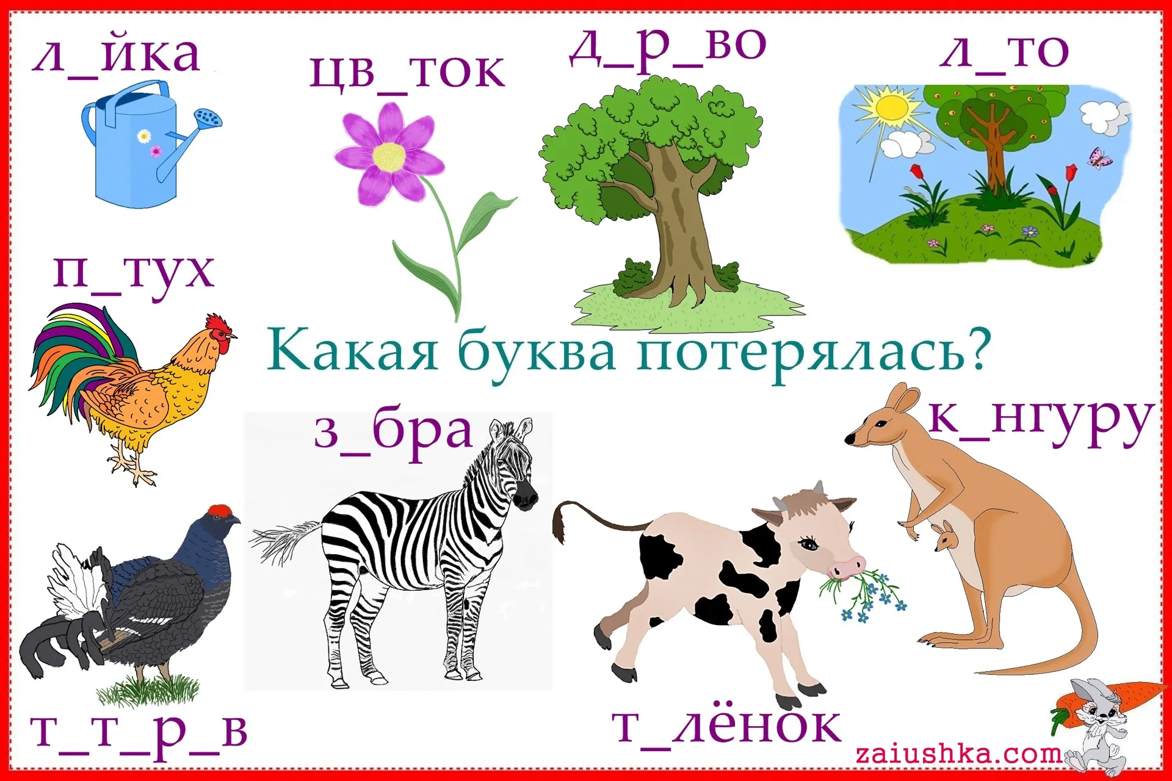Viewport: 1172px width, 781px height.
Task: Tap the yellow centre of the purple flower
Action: (389, 156)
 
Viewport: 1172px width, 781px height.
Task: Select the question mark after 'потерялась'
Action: (974, 350)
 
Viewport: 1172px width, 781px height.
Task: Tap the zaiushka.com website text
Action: (958, 754)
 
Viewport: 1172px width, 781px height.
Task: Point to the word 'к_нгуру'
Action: (1041, 422)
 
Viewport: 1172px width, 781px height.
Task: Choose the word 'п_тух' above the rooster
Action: (134, 273)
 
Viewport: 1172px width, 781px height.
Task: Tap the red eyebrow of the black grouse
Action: (219, 511)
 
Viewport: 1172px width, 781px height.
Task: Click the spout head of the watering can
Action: (208, 117)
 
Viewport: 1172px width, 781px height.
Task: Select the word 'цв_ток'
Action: (407, 73)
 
